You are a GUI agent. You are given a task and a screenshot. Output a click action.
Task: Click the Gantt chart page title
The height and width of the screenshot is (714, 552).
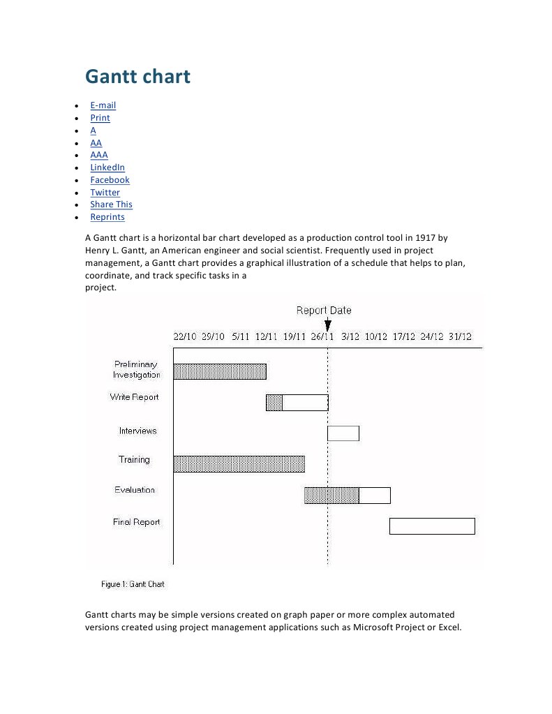point(137,76)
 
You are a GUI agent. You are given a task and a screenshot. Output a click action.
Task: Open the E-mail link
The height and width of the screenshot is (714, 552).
point(103,105)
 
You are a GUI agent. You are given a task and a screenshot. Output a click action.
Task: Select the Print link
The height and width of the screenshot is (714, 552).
point(100,118)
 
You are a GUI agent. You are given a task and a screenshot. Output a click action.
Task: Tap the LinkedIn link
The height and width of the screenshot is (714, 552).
point(107,168)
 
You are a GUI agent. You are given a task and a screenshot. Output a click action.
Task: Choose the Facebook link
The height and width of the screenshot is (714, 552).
point(110,180)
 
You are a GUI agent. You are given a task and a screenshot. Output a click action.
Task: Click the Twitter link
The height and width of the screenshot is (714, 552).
point(105,193)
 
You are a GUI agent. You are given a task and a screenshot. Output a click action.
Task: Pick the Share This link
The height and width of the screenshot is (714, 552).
point(111,204)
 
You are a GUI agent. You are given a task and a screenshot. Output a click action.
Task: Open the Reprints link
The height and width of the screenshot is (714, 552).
point(107,217)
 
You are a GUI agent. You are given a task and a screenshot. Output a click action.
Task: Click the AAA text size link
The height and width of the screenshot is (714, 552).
point(99,155)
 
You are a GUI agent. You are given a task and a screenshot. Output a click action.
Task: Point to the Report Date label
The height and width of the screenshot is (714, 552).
point(324,311)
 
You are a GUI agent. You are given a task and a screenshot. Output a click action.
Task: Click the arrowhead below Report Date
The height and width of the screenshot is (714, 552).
point(328,325)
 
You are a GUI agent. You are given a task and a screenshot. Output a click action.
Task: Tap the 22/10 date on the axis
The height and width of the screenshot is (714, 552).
point(185,336)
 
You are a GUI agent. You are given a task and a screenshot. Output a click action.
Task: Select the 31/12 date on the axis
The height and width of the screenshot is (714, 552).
point(460,336)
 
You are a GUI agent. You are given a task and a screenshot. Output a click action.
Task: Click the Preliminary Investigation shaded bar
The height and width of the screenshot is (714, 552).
point(220,371)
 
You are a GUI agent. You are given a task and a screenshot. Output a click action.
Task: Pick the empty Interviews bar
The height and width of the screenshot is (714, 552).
point(343,433)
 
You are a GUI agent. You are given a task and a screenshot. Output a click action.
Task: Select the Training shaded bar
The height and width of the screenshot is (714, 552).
point(239,463)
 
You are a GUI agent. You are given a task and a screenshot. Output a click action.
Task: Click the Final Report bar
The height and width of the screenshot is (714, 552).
point(432,526)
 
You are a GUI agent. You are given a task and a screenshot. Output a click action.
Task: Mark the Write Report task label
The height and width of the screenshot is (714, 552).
point(134,397)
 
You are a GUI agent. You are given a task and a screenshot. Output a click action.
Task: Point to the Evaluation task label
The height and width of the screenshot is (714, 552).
point(135,490)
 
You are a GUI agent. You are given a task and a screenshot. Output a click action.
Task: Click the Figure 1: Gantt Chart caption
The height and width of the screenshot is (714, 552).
point(133,584)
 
